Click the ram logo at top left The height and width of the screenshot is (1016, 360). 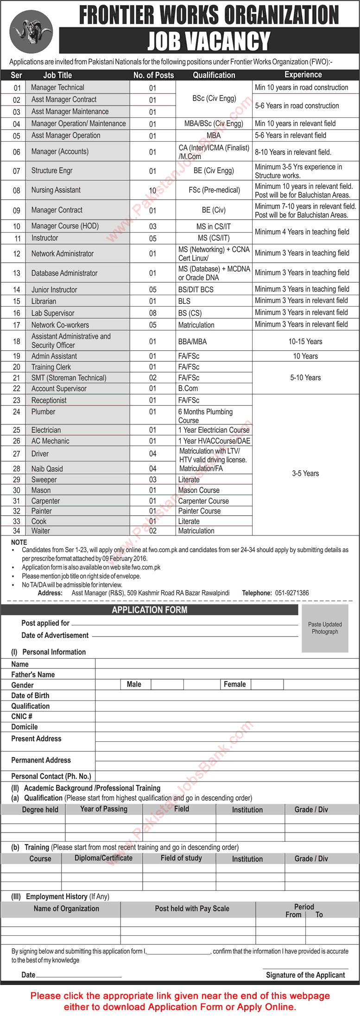pyautogui.click(x=31, y=32)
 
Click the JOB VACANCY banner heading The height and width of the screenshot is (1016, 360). pyautogui.click(x=208, y=41)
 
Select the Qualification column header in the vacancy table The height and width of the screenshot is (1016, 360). pyautogui.click(x=214, y=75)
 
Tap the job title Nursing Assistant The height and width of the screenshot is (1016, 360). pyautogui.click(x=56, y=190)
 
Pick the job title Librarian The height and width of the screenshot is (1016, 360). pyautogui.click(x=44, y=301)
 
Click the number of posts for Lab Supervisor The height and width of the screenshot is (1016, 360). pyautogui.click(x=152, y=313)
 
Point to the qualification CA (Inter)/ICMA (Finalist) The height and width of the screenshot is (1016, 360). pyautogui.click(x=214, y=151)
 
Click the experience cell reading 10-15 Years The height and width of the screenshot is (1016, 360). pyautogui.click(x=305, y=341)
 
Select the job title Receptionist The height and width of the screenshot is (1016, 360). pyautogui.click(x=49, y=400)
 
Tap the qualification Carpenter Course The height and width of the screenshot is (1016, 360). pyautogui.click(x=203, y=501)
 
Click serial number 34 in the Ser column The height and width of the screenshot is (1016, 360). pyautogui.click(x=17, y=531)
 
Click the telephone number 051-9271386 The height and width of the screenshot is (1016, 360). pyautogui.click(x=292, y=593)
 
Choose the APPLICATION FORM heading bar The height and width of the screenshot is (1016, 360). pyautogui.click(x=149, y=610)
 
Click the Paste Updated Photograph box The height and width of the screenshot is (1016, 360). pyautogui.click(x=325, y=628)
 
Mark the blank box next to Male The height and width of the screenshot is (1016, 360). pyautogui.click(x=167, y=684)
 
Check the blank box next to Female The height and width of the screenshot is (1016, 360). pyautogui.click(x=267, y=684)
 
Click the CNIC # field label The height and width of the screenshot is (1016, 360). pyautogui.click(x=22, y=716)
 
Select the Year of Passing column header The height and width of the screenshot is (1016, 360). pyautogui.click(x=104, y=809)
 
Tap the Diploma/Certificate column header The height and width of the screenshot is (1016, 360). pyautogui.click(x=103, y=858)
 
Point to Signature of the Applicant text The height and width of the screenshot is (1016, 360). pyautogui.click(x=305, y=975)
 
